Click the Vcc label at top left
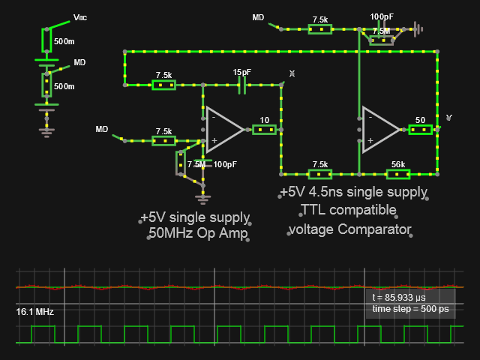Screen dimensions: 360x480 (80, 17)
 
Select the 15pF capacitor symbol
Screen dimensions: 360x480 (241, 85)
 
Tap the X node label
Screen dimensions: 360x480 (292, 73)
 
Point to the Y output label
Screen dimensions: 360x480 (449, 118)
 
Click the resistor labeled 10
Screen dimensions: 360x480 (264, 130)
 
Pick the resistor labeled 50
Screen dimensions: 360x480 (420, 130)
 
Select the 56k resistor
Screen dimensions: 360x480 (397, 174)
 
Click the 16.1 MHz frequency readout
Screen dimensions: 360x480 (34, 311)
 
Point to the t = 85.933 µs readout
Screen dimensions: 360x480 (400, 298)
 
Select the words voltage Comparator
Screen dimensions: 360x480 (350, 229)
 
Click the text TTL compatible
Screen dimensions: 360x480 (348, 209)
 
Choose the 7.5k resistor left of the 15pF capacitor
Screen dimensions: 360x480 (163, 85)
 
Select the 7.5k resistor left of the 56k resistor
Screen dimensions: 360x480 (320, 174)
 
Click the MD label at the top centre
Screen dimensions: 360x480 (258, 17)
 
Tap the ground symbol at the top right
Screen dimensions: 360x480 (418, 30)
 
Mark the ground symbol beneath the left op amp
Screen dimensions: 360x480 (202, 198)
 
